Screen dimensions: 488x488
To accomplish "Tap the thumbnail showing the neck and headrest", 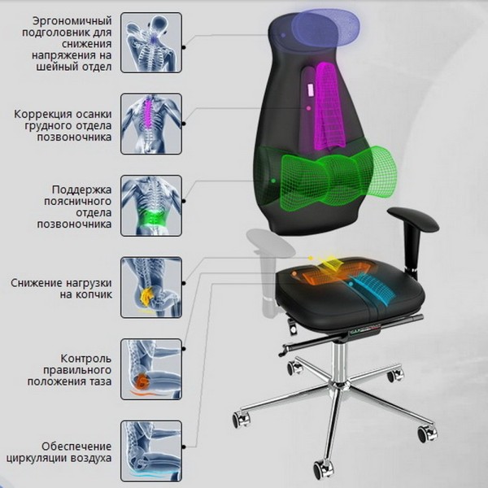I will (151, 43).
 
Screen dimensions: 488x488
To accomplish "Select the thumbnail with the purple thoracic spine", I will (151, 123).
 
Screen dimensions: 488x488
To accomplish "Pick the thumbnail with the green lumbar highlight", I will (151, 206).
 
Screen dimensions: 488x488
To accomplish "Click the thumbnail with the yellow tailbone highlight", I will (151, 287).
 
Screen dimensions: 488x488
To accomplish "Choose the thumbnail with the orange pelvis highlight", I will (151, 368).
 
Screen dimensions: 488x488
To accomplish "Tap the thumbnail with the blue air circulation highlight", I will (151, 450).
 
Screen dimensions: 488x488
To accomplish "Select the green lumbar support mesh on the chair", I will (333, 173).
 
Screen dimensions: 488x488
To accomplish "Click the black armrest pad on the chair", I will (412, 217).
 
